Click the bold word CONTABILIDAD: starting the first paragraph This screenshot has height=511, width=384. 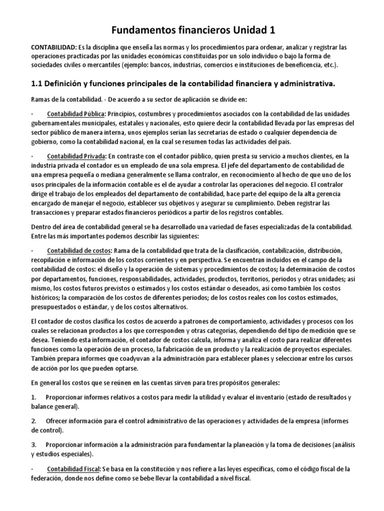pyautogui.click(x=54, y=47)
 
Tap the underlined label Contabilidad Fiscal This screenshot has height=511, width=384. pyautogui.click(x=74, y=469)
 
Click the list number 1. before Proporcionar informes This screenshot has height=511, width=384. pyautogui.click(x=33, y=397)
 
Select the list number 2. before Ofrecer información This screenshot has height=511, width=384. pyautogui.click(x=33, y=421)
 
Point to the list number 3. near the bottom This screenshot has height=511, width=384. pyautogui.click(x=33, y=445)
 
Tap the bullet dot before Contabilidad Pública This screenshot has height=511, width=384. pyautogui.click(x=31, y=114)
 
